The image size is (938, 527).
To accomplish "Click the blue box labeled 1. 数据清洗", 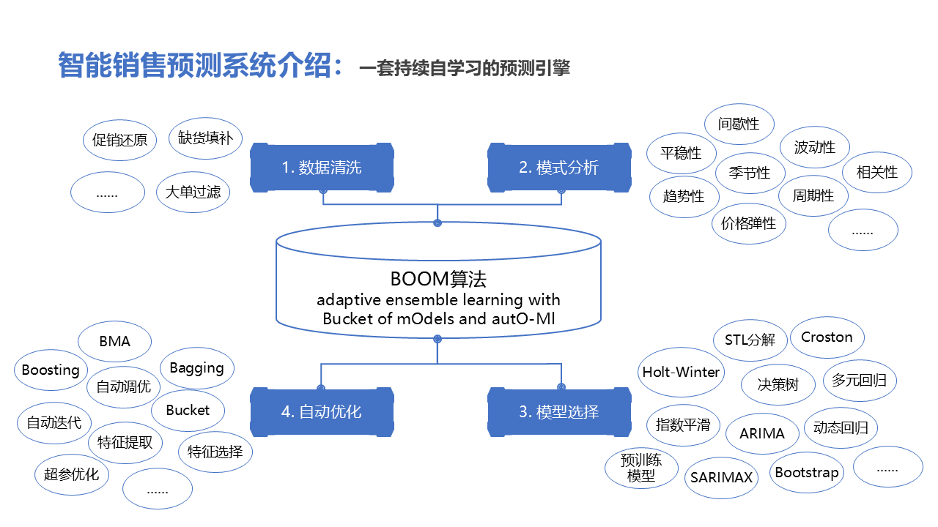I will pyautogui.click(x=322, y=168).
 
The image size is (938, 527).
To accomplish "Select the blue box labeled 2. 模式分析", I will pyautogui.click(x=559, y=168).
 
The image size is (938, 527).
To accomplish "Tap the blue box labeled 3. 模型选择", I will pyautogui.click(x=559, y=412).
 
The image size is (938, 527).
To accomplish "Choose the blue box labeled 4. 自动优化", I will pyautogui.click(x=322, y=412).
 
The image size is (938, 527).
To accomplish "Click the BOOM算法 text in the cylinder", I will pyautogui.click(x=438, y=279).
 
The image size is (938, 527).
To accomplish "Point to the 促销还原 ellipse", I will pyautogui.click(x=120, y=140).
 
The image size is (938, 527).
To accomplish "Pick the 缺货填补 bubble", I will pyautogui.click(x=205, y=138).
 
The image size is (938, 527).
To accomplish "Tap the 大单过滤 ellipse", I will pyautogui.click(x=193, y=193).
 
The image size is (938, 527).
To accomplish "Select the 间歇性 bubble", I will pyautogui.click(x=739, y=124).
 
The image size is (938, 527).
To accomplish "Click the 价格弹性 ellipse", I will pyautogui.click(x=748, y=223).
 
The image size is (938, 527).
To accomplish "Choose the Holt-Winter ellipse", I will pyautogui.click(x=682, y=372).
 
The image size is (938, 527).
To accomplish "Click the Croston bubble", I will pyautogui.click(x=827, y=337).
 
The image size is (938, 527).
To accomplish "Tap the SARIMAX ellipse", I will pyautogui.click(x=722, y=478).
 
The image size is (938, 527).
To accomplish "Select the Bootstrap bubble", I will pyautogui.click(x=807, y=473).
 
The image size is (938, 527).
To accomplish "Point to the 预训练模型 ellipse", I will pyautogui.click(x=641, y=468).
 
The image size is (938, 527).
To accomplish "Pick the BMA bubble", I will pyautogui.click(x=114, y=341).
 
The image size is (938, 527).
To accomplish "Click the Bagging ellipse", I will pyautogui.click(x=196, y=367).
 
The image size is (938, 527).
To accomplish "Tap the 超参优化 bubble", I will pyautogui.click(x=71, y=474).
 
